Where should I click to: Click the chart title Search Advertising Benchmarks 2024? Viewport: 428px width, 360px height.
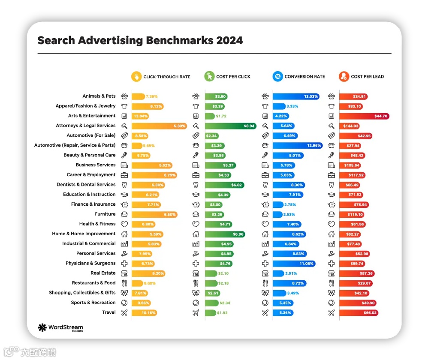click(140, 41)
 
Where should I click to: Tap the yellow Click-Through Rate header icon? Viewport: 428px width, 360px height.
click(136, 77)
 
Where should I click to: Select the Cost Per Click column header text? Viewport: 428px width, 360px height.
click(233, 77)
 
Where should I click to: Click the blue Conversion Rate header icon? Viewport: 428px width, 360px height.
click(277, 77)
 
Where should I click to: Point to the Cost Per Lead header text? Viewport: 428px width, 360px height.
click(367, 77)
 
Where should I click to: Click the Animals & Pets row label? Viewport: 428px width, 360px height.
click(99, 96)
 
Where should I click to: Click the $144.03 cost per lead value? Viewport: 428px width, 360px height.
click(351, 126)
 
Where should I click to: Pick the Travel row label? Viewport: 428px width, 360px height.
click(109, 312)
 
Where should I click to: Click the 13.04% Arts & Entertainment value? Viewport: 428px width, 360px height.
click(141, 116)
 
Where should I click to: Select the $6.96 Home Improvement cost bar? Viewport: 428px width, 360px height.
click(225, 234)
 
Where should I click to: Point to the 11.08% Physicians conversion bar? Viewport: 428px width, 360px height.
click(294, 264)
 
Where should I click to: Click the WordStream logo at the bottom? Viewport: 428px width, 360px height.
click(60, 328)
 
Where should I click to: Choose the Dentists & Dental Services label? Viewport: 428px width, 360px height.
click(86, 185)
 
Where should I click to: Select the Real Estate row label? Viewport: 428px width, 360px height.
click(103, 273)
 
